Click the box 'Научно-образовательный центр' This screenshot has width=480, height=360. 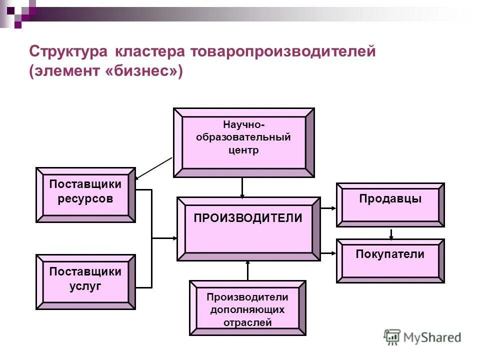click(x=243, y=142)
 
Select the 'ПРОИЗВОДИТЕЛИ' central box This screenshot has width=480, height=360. click(x=248, y=229)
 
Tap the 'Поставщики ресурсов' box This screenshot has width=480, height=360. click(x=85, y=194)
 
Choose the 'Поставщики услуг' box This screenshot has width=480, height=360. click(x=85, y=281)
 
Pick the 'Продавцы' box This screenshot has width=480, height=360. click(x=390, y=205)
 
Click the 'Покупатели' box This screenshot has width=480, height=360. click(x=390, y=260)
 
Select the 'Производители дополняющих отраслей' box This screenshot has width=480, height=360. click(x=247, y=307)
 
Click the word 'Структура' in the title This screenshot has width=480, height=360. click(x=69, y=52)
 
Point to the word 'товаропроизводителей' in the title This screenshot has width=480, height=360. click(x=281, y=52)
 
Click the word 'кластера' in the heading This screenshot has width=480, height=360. click(x=151, y=52)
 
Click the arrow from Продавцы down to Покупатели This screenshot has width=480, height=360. click(x=391, y=233)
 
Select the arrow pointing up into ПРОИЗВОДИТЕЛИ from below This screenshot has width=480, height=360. click(x=247, y=270)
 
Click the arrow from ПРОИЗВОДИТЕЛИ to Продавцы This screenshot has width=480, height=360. click(x=328, y=207)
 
